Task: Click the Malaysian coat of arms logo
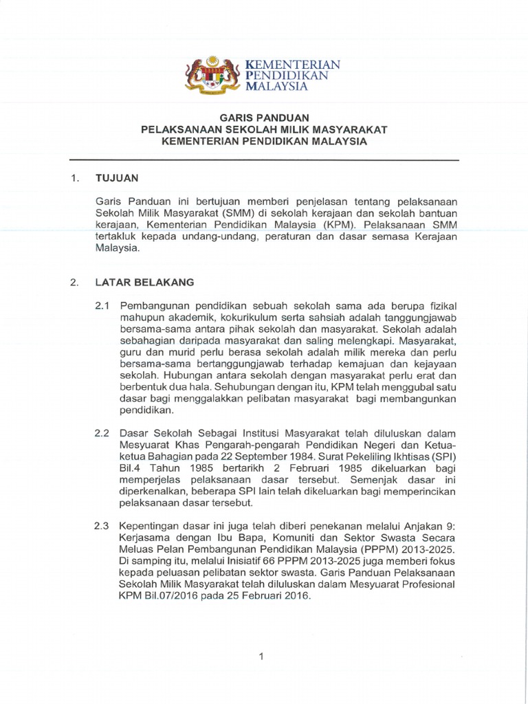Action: pyautogui.click(x=212, y=75)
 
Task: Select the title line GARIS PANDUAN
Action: pyautogui.click(x=264, y=118)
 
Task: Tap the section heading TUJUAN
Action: pyautogui.click(x=118, y=178)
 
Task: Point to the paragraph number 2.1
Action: pyautogui.click(x=102, y=305)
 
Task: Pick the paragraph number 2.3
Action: pyautogui.click(x=102, y=526)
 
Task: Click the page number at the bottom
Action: pyautogui.click(x=261, y=657)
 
